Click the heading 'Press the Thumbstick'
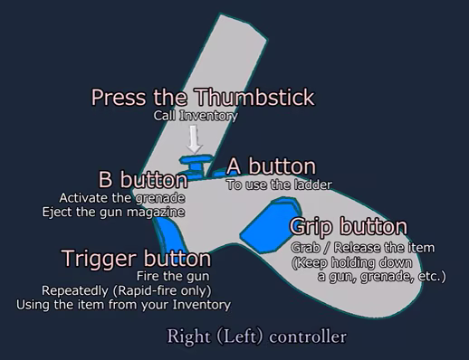[x=203, y=97]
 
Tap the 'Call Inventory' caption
[x=196, y=116]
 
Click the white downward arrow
[x=194, y=139]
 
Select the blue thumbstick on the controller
[x=196, y=165]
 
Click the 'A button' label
[x=272, y=166]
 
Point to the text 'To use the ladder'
[x=279, y=185]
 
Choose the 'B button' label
[x=143, y=180]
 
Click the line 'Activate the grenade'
[x=122, y=198]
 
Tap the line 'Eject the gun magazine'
[x=113, y=212]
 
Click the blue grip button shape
[x=270, y=225]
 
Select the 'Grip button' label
[x=349, y=227]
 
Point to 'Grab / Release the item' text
[x=363, y=248]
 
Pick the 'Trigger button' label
[x=137, y=259]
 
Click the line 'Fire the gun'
[x=173, y=276]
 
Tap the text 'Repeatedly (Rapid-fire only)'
[x=127, y=290]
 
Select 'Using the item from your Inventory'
[x=123, y=305]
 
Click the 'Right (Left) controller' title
[x=257, y=336]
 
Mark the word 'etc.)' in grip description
[x=432, y=276]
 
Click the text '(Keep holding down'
[x=352, y=262]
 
